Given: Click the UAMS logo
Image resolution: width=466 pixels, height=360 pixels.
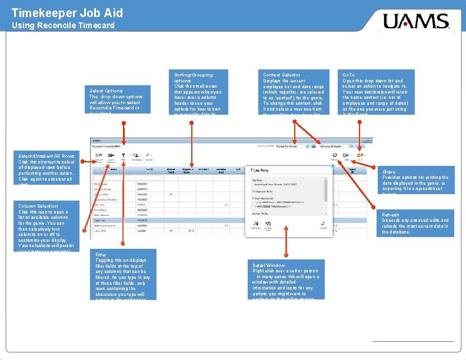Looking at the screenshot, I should tap(416, 23).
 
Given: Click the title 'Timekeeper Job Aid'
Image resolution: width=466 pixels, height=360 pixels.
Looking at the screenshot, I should tap(67, 12).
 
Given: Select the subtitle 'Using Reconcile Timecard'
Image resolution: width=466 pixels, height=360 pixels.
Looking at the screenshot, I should tap(63, 25).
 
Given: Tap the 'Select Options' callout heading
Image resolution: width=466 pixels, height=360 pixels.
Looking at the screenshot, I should tap(106, 91).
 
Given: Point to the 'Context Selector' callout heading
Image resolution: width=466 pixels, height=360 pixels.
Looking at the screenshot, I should tap(281, 75).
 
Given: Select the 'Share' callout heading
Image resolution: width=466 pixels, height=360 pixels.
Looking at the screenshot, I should tap(389, 172).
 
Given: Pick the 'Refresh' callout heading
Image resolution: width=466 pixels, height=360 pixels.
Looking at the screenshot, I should tap(391, 215).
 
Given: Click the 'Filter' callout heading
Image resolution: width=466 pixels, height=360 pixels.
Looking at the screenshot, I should tap(101, 255).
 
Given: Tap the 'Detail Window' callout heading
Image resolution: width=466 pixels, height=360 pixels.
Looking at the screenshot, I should tap(269, 266).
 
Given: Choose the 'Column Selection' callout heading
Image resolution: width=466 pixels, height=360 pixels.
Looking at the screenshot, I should tap(38, 206).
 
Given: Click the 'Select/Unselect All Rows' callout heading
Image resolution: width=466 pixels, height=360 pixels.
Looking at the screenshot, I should tap(46, 155).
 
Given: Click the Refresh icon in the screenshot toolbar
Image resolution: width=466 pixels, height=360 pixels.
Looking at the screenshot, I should tap(334, 155).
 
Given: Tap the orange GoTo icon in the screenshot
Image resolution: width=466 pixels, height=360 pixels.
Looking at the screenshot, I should tap(359, 155).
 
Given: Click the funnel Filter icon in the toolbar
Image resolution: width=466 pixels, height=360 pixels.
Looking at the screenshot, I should tap(124, 155).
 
